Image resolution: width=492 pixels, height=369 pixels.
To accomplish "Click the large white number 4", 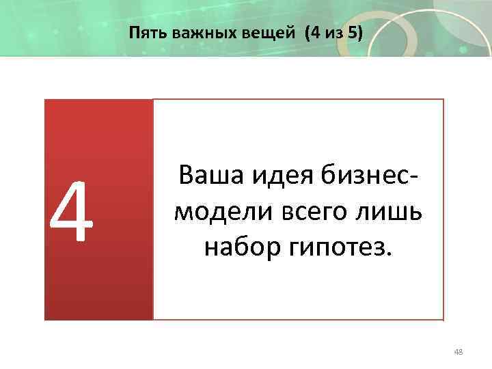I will click(x=71, y=212).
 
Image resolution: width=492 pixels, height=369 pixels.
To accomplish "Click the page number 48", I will click(x=458, y=351).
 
